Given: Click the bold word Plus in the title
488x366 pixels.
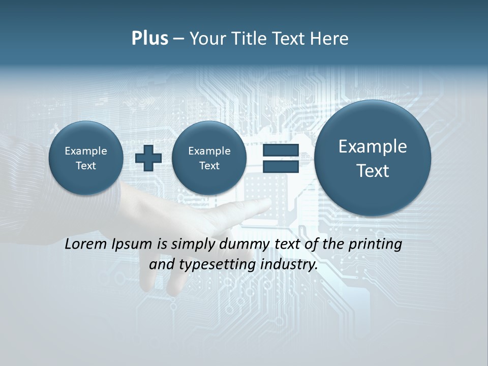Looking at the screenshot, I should [149, 39].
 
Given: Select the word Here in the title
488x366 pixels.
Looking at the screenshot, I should [329, 39].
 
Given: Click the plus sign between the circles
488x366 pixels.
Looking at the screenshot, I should [148, 158].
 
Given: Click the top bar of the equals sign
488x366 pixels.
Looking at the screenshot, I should [281, 150].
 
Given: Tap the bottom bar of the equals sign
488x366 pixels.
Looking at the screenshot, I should [281, 167].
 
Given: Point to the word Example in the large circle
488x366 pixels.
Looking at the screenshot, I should [373, 147].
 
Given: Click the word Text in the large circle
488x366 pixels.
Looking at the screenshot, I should [373, 171].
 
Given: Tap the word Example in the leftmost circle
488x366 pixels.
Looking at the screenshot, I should [86, 151].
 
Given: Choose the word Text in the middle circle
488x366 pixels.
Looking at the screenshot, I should [209, 166].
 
